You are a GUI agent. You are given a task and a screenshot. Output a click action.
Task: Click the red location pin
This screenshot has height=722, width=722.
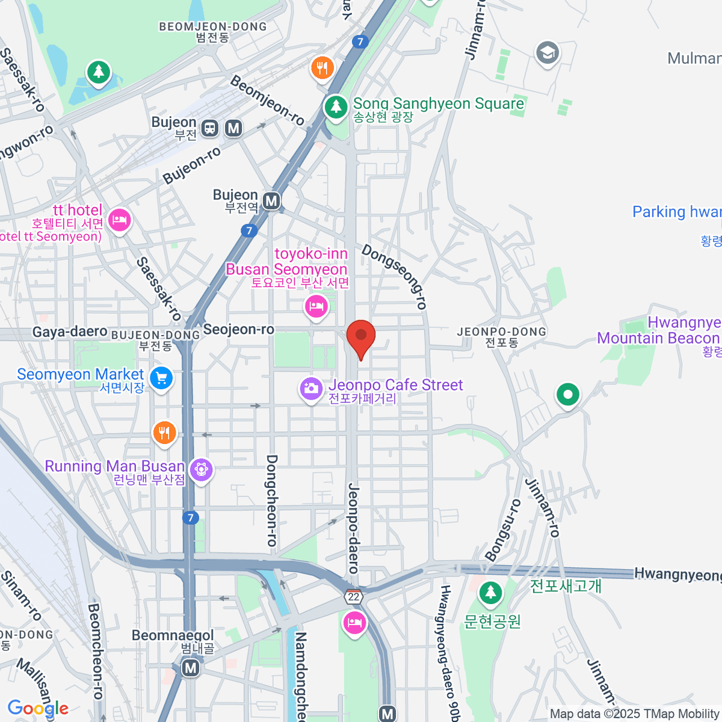(361, 337)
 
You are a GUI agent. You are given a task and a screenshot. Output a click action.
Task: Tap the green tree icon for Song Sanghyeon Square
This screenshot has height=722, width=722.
(336, 108)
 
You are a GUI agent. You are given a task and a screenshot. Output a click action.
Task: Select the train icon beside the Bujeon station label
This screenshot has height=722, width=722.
(210, 128)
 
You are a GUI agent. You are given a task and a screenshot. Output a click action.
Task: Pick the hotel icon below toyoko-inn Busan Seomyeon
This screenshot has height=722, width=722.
(316, 307)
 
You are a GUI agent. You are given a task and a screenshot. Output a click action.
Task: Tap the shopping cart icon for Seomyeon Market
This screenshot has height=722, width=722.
(161, 378)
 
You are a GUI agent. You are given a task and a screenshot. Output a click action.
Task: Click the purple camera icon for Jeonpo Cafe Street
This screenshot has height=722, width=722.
(311, 388)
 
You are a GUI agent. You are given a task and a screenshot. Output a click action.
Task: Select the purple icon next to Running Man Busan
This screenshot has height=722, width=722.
(201, 468)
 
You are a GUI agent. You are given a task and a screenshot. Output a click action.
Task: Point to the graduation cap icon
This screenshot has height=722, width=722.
(548, 53)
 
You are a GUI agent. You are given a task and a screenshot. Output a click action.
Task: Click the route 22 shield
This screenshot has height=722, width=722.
(354, 597)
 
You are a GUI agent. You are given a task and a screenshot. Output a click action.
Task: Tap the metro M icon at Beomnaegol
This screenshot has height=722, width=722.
(191, 667)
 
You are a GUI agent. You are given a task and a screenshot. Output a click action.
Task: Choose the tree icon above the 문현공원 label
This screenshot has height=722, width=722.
(491, 593)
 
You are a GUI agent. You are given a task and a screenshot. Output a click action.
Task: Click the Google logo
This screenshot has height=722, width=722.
(37, 708)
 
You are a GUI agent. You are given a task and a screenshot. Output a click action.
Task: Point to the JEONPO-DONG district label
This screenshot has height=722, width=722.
(502, 332)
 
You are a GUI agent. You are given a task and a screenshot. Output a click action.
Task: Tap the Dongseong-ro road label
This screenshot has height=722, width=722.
(395, 277)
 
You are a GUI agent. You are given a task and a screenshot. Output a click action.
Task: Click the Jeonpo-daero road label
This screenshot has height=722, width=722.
(353, 528)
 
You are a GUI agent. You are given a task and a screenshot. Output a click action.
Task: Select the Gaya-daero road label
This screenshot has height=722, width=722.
(70, 332)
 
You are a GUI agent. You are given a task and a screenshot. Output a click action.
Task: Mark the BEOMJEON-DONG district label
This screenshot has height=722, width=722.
(212, 26)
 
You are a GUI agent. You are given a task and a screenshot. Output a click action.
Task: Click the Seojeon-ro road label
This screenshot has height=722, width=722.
(238, 329)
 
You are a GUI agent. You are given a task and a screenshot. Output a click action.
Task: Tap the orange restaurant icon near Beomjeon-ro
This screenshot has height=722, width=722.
(322, 67)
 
